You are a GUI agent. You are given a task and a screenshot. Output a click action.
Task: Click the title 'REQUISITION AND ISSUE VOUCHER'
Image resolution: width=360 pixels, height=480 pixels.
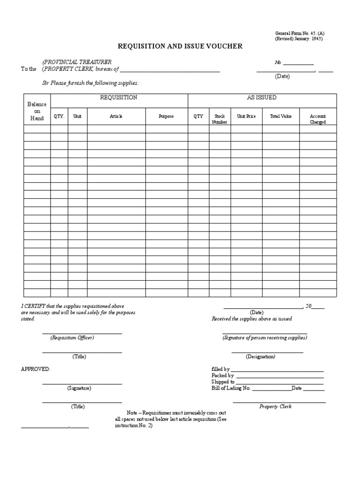tap(180, 46)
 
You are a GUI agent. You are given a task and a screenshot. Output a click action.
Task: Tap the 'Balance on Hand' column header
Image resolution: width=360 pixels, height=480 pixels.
tap(37, 111)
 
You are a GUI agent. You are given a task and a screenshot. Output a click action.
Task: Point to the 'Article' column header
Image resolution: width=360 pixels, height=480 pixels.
tap(116, 116)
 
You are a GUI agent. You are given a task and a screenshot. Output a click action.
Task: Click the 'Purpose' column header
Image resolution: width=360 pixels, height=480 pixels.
tap(166, 116)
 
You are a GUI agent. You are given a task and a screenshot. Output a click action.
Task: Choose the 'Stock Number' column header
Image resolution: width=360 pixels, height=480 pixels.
tap(219, 119)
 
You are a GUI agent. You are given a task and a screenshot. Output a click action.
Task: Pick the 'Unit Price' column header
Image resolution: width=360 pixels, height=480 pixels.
tap(246, 116)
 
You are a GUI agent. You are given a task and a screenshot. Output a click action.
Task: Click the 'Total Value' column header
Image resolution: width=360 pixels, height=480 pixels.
tap(281, 116)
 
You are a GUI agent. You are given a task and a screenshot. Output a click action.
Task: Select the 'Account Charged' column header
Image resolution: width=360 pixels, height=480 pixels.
tap(318, 119)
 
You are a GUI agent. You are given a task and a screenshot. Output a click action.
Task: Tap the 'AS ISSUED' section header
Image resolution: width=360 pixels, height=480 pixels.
tap(262, 97)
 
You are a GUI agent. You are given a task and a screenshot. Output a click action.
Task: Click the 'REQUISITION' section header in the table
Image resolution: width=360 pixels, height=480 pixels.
tap(119, 97)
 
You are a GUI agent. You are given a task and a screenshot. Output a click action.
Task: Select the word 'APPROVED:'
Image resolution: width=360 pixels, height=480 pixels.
tap(36, 369)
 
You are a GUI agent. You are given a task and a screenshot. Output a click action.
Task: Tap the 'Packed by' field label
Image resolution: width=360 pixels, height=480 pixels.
tap(223, 375)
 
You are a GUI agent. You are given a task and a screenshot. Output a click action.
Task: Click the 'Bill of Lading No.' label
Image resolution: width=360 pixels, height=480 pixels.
tap(232, 389)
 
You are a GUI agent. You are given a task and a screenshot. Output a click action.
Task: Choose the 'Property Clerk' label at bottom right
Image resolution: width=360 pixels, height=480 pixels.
tap(276, 406)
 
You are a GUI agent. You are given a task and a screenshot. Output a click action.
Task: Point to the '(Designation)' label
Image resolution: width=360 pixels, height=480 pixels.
tap(260, 357)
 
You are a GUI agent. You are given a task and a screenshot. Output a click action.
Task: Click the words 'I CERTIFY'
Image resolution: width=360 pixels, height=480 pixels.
tap(32, 306)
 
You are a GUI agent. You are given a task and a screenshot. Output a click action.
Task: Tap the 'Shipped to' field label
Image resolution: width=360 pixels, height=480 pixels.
tap(223, 382)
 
